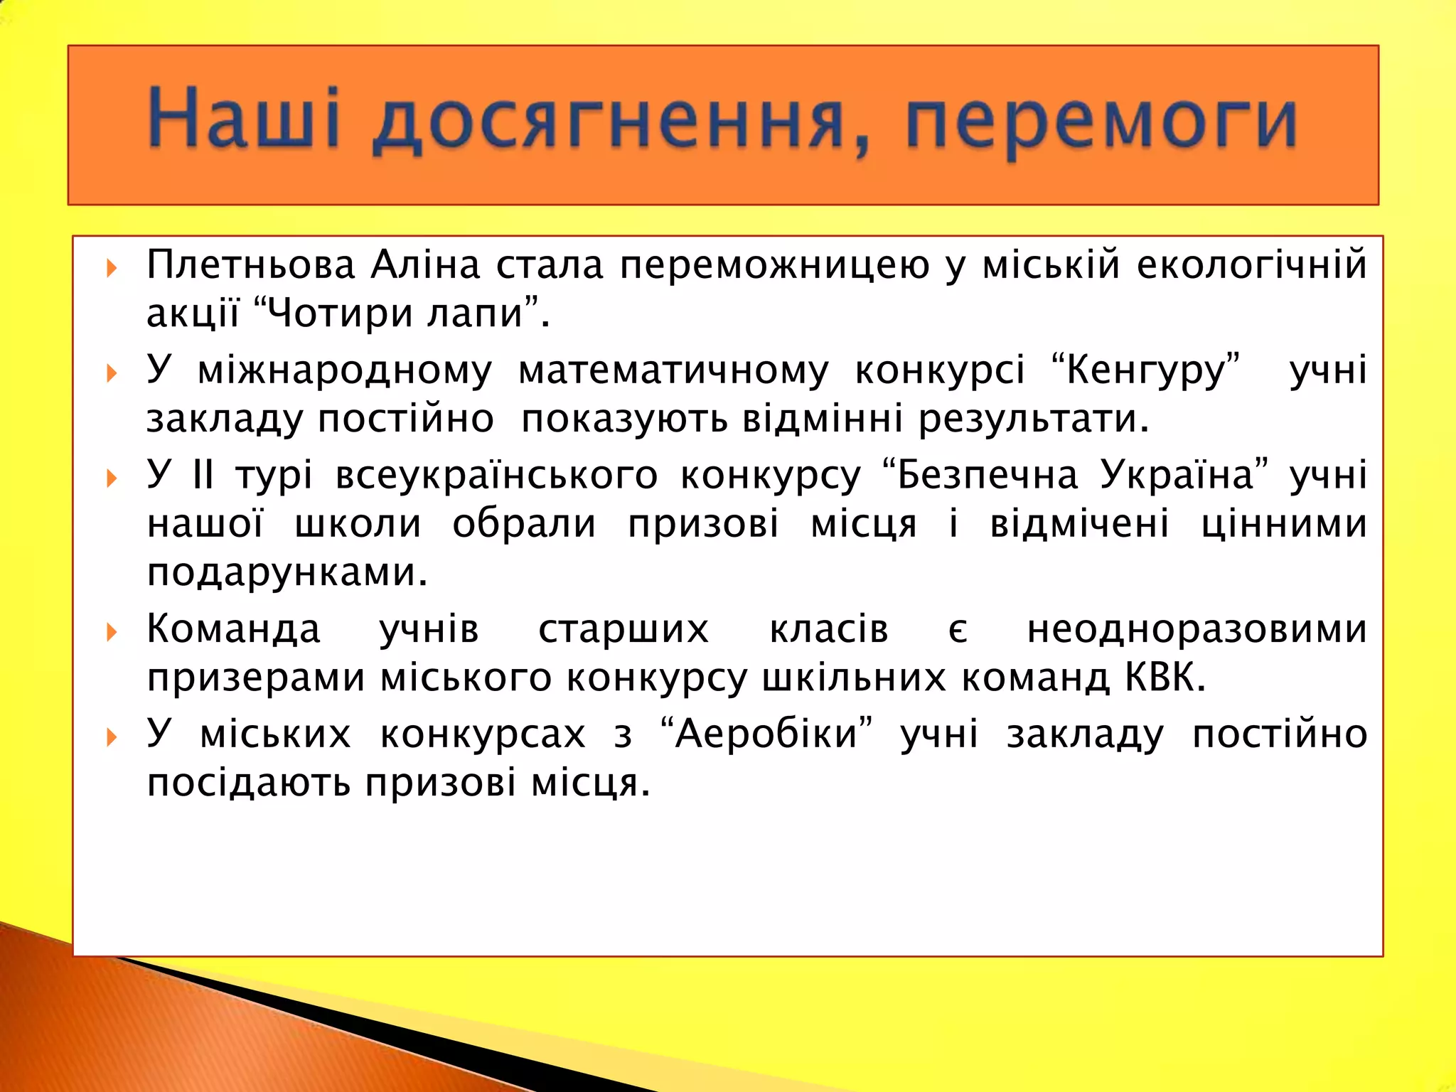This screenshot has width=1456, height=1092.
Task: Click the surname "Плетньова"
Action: point(250,266)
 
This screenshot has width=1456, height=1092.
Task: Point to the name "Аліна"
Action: point(425,264)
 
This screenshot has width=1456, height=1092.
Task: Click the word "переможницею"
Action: point(774,266)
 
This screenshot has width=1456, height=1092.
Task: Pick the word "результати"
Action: point(1033,419)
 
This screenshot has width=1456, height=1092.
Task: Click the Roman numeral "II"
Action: point(203,474)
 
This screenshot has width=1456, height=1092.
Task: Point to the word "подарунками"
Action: point(287,572)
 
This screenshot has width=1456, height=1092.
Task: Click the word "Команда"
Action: point(233,630)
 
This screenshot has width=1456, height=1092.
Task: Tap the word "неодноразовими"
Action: point(1197,630)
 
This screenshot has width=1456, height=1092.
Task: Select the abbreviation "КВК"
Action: point(1165,678)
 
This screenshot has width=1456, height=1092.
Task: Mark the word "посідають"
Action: point(248,783)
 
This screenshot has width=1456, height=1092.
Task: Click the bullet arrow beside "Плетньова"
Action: point(112,268)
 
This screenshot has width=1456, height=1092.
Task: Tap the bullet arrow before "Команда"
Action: point(112,632)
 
